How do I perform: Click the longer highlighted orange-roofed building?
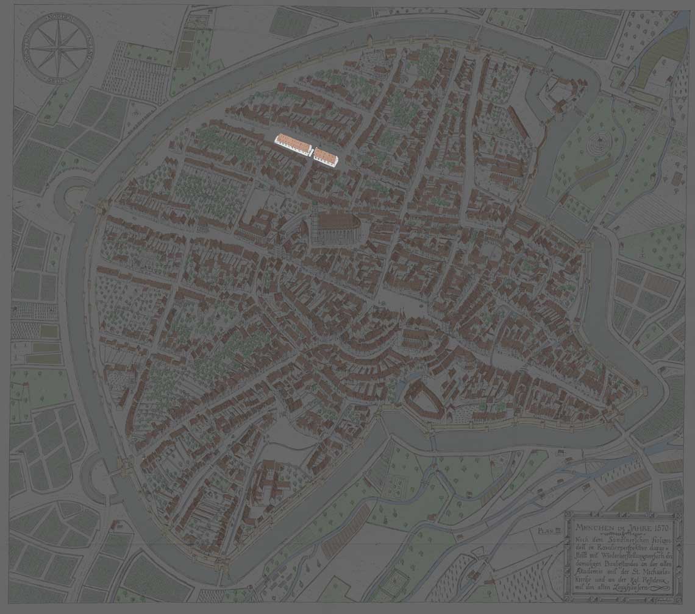[x=294, y=144]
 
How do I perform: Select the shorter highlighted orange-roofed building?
[x=326, y=157]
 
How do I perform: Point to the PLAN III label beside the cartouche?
[x=549, y=531]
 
